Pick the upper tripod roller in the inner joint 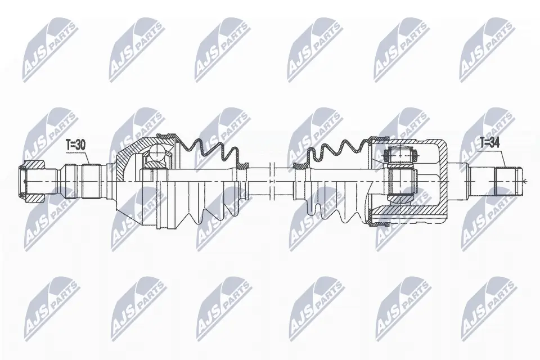[x=399, y=154]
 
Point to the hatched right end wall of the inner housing [x=442, y=180]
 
